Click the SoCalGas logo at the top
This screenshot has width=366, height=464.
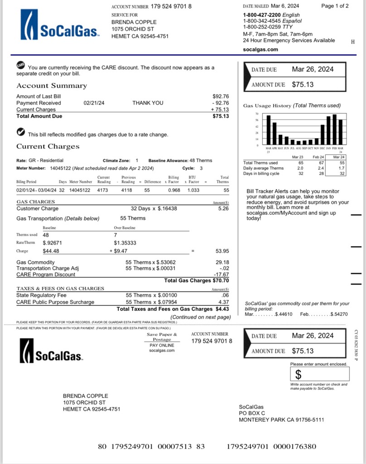pyautogui.click(x=60, y=25)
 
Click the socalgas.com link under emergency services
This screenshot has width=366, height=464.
pyautogui.click(x=260, y=49)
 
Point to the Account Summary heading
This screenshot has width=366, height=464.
pyautogui.click(x=52, y=86)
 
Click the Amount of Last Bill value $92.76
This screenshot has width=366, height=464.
pyautogui.click(x=221, y=97)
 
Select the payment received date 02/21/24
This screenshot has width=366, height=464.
pyautogui.click(x=94, y=103)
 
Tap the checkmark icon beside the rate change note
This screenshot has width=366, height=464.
pyautogui.click(x=20, y=132)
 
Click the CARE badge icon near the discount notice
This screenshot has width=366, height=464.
pyautogui.click(x=20, y=65)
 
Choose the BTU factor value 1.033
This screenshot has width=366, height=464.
pyautogui.click(x=193, y=190)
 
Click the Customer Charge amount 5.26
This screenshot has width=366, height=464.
pyautogui.click(x=223, y=209)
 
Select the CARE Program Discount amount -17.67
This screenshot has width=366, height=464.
pyautogui.click(x=221, y=275)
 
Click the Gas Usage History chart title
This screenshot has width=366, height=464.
pyautogui.click(x=292, y=106)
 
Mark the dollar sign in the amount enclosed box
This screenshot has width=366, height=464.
pyautogui.click(x=299, y=375)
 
